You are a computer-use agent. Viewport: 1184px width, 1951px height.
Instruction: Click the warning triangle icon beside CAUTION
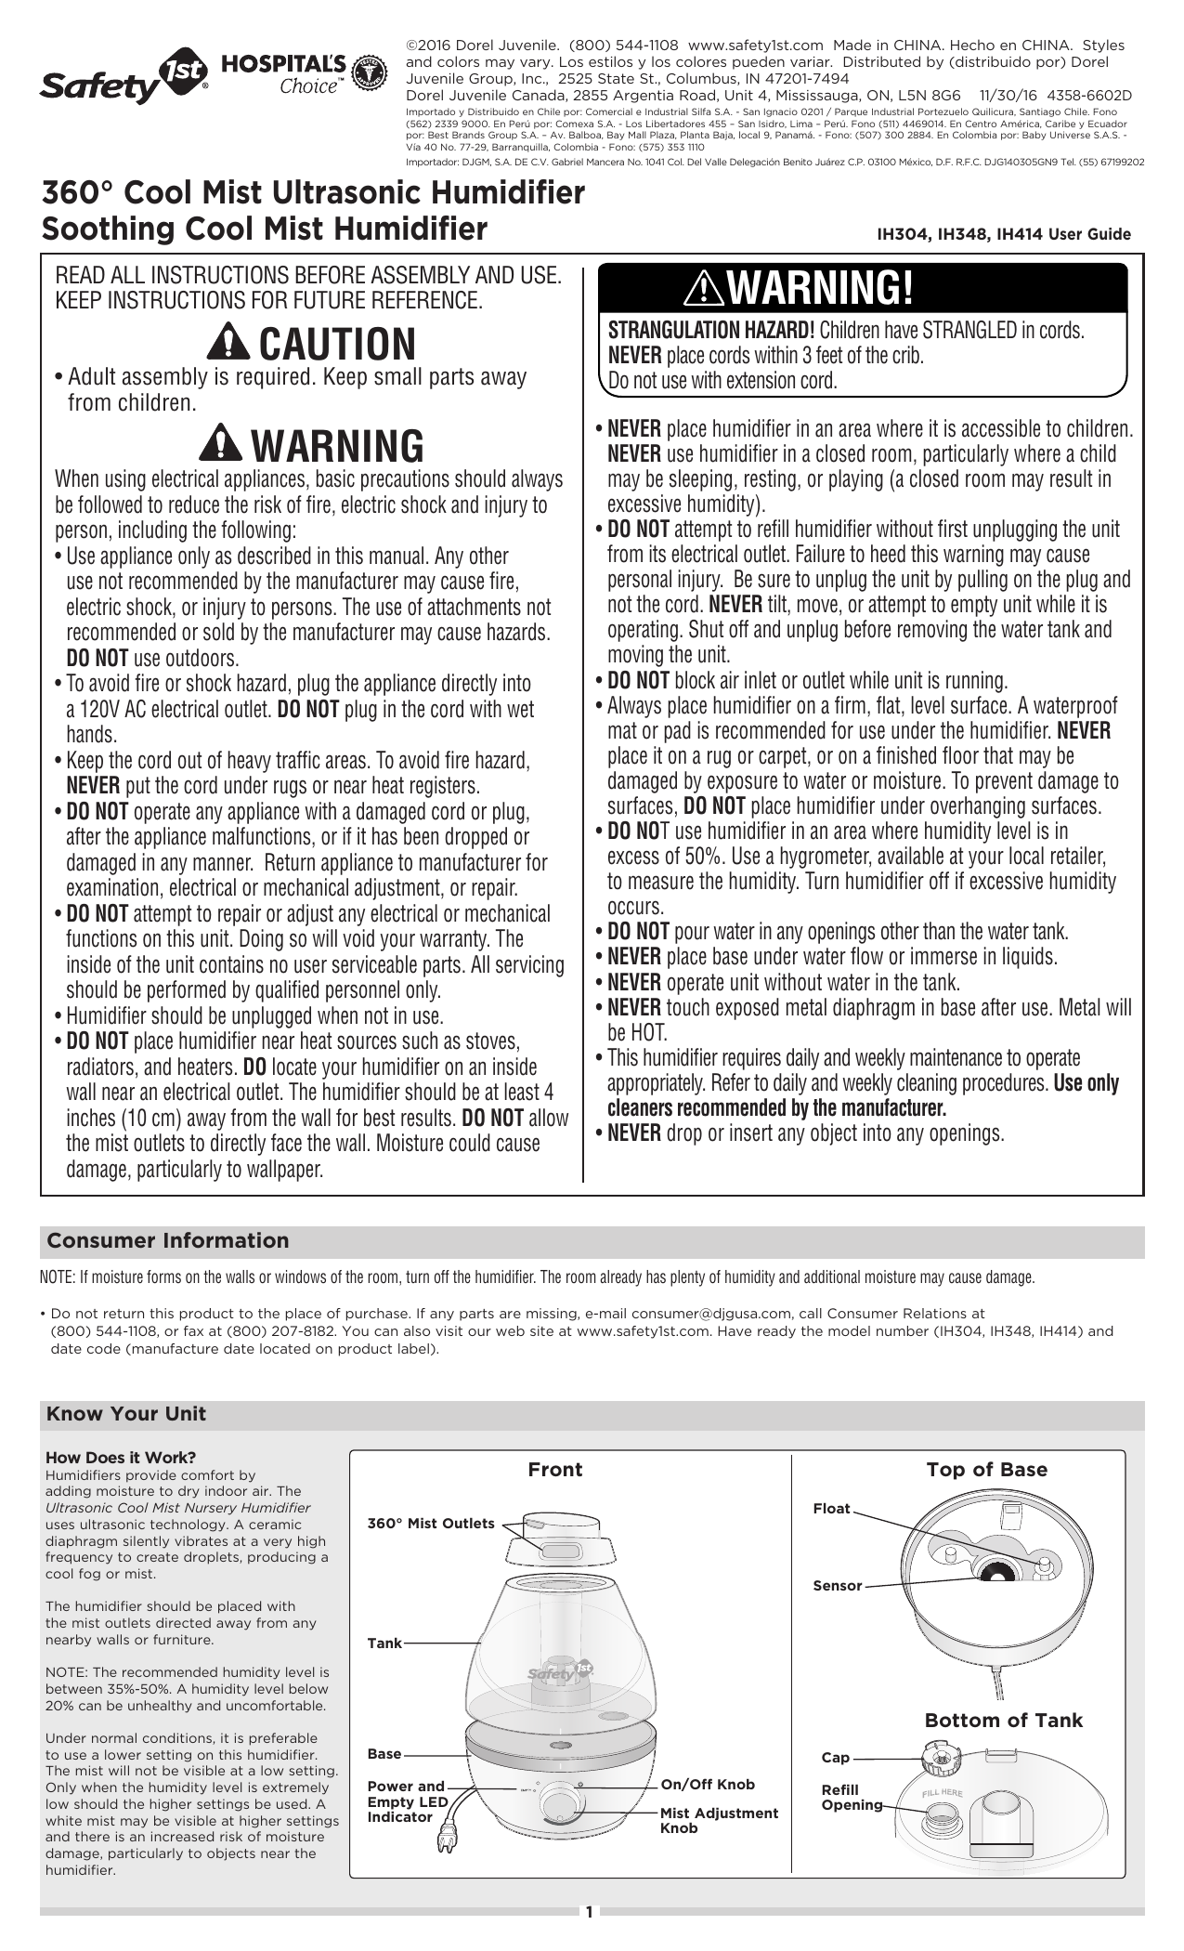[228, 343]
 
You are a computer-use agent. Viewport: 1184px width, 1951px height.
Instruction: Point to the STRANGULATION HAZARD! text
[710, 331]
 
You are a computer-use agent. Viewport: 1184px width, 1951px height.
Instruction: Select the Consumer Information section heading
[168, 1241]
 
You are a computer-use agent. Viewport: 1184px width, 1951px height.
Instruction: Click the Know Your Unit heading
[126, 1414]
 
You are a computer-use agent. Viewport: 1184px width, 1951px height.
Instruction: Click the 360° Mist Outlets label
[431, 1524]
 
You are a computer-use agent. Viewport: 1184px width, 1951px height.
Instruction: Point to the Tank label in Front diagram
[384, 1643]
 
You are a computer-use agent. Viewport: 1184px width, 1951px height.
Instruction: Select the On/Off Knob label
[708, 1785]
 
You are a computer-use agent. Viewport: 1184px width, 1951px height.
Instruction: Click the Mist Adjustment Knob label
[719, 1820]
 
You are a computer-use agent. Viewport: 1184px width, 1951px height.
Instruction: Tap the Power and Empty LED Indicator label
[408, 1800]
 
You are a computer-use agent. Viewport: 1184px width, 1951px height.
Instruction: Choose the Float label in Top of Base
[831, 1509]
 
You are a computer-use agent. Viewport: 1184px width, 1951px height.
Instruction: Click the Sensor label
[838, 1586]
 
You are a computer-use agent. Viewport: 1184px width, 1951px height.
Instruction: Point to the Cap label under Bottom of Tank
[835, 1758]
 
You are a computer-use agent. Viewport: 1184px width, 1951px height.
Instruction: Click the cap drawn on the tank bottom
[940, 1758]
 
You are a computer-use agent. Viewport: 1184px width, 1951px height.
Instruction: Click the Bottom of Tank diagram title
[1003, 1721]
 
